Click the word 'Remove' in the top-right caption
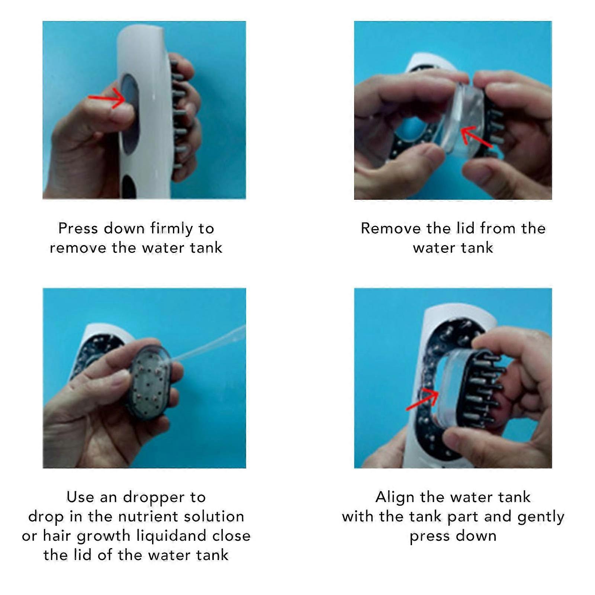tap(390, 228)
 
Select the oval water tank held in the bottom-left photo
tap(151, 383)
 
